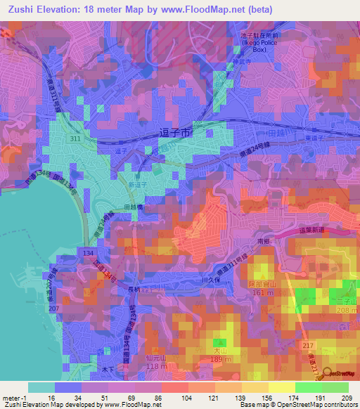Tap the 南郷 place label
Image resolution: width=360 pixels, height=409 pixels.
pos(264,240)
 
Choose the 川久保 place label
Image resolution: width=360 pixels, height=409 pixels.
pos(210,279)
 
